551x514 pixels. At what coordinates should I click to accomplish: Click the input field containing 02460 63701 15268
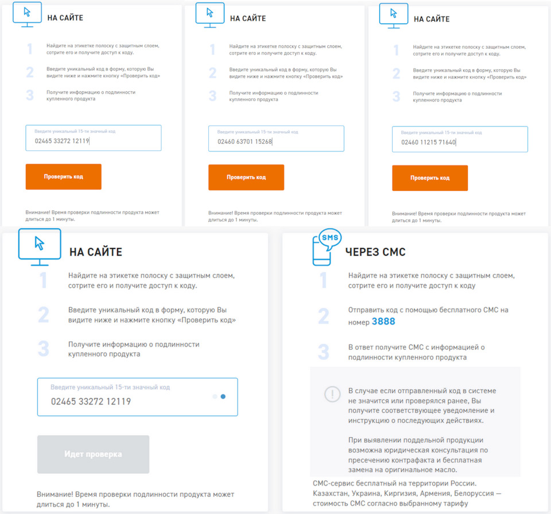(276, 139)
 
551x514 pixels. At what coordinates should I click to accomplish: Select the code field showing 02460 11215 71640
(460, 139)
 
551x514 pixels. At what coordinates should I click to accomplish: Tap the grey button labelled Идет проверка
(93, 454)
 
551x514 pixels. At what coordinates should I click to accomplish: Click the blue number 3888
(383, 321)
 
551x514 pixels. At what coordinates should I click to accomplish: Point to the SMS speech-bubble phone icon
(327, 247)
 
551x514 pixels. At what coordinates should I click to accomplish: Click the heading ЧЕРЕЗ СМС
(375, 252)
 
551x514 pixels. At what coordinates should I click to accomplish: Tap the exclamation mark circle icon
(332, 394)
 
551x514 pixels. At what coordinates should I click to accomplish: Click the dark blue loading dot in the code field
(223, 397)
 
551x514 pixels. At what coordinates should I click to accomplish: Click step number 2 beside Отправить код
(324, 316)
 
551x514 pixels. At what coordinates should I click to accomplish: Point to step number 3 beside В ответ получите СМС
(324, 352)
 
